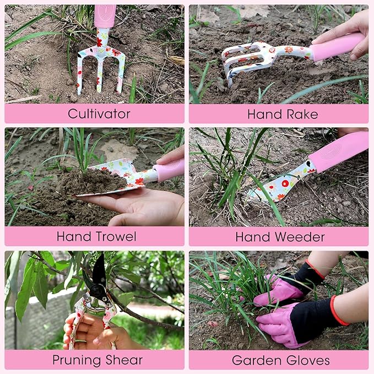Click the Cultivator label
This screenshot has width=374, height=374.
99,114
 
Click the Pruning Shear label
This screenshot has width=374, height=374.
97,360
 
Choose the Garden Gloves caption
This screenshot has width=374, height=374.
280,360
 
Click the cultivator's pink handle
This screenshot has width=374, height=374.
105,16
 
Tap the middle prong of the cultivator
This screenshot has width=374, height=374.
100,74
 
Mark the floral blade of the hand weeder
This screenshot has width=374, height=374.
278,185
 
